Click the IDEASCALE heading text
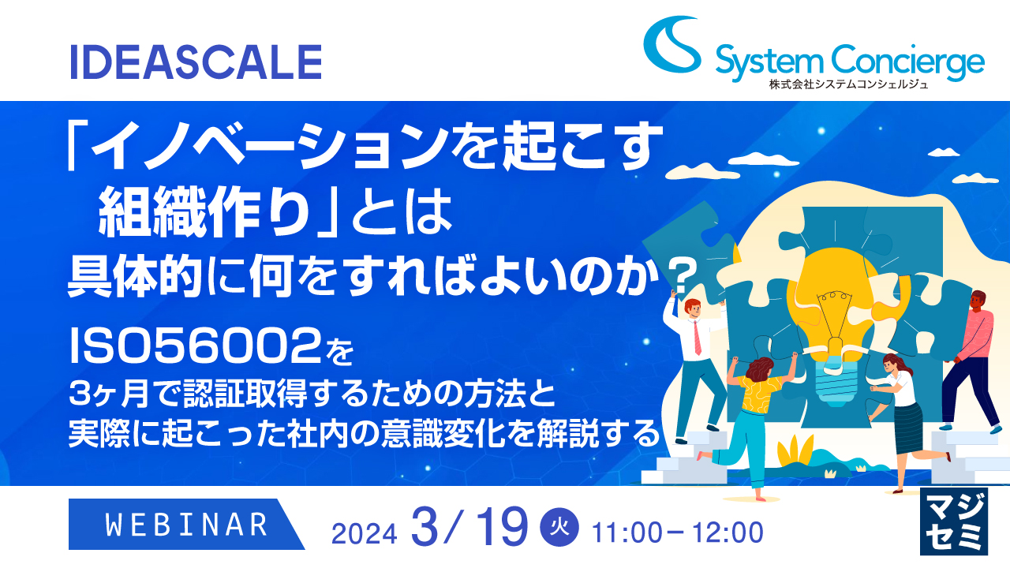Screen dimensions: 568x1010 click(196, 62)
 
